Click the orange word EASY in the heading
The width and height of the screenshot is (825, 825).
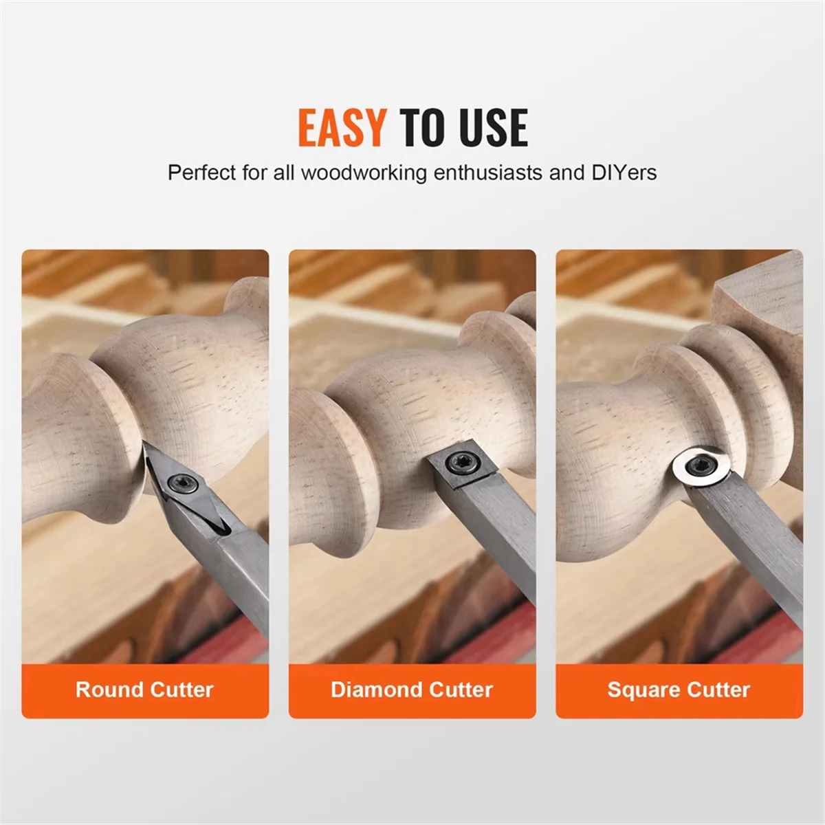(x=342, y=128)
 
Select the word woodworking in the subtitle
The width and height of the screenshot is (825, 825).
(x=364, y=172)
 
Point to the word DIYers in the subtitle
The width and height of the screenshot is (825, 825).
(x=624, y=172)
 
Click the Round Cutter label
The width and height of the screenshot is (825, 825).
(x=144, y=690)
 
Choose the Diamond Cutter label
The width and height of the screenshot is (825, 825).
(x=412, y=690)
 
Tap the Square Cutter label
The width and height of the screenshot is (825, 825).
(x=679, y=690)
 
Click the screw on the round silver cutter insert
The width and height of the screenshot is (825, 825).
(x=700, y=465)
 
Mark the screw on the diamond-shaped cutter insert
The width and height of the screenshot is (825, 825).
(x=185, y=483)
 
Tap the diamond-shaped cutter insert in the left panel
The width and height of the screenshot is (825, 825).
(x=180, y=485)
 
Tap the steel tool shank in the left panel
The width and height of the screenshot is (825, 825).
(x=241, y=577)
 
